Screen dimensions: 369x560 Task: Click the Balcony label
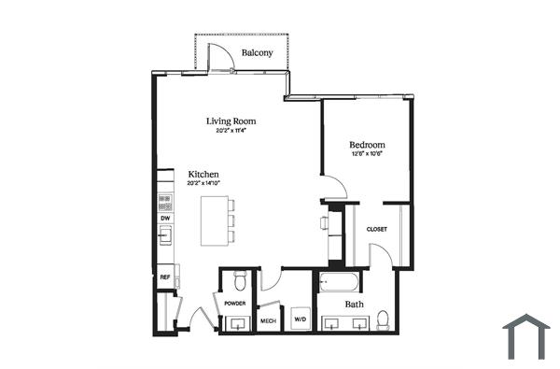coord(257,53)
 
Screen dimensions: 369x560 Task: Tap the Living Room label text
coord(231,121)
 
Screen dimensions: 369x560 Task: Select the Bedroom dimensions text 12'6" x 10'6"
coord(367,155)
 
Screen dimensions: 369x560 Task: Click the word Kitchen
coord(203,175)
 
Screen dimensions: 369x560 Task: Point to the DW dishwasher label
coord(165,218)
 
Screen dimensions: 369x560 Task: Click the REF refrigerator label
coord(165,277)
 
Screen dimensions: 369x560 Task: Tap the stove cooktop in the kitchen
coord(165,199)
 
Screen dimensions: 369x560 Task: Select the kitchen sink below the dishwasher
coord(165,235)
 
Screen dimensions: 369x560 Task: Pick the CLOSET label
coord(376,229)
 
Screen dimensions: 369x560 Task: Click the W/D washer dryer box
coord(301,319)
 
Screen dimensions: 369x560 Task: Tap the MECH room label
coord(268,321)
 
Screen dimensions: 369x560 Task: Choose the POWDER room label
coord(233,305)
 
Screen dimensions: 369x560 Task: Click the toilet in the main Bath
coord(383,319)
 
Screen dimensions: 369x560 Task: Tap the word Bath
coord(354,304)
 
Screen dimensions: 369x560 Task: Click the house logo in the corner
coord(526,337)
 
